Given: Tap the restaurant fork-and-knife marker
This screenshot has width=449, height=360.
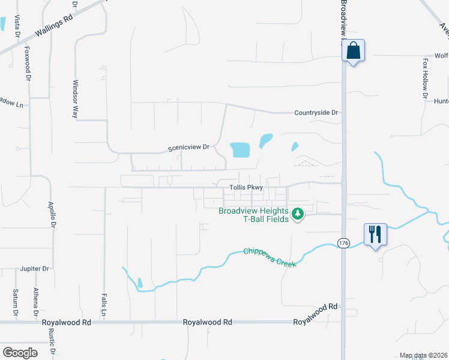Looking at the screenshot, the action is tap(375, 234).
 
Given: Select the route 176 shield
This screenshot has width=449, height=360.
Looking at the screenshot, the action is tap(343, 243).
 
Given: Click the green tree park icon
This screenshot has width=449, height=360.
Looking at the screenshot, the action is tap(297, 214).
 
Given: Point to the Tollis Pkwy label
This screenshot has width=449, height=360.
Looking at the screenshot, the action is tap(246, 188).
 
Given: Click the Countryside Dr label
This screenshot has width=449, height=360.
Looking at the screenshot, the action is tap(317, 113).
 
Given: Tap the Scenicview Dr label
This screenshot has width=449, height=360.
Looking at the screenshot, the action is tap(188, 147).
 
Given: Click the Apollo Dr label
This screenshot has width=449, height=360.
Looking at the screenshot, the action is tap(52, 214).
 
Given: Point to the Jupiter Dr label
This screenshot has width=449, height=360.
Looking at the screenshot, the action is tap(34, 269).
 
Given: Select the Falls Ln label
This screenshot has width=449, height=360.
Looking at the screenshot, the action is tap(104, 304).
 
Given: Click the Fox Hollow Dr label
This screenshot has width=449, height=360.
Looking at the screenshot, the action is tap(425, 78).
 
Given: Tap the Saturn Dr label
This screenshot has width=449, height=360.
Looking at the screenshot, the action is tap(16, 302).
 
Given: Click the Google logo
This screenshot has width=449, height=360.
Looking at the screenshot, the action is tap(20, 353).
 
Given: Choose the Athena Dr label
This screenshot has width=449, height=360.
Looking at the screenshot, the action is tap(36, 302).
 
